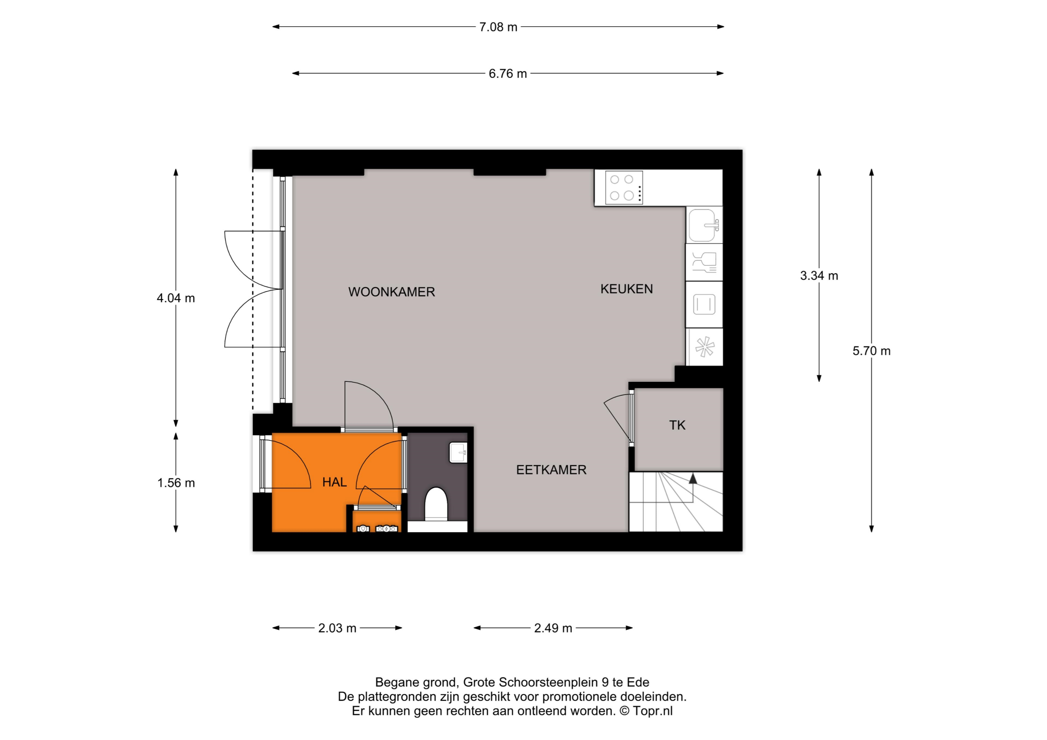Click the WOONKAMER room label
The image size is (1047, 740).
(392, 292)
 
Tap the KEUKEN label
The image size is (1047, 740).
(627, 289)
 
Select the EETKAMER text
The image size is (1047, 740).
(551, 470)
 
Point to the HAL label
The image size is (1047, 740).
(334, 482)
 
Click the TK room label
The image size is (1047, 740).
(677, 425)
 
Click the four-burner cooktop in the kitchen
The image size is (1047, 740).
(624, 187)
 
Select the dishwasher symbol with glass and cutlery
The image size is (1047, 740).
(704, 262)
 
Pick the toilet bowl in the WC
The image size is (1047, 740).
(436, 504)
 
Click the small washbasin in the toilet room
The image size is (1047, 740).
(458, 453)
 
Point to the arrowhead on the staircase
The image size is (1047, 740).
(693, 478)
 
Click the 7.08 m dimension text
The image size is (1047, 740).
(498, 27)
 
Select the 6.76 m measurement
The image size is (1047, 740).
(508, 74)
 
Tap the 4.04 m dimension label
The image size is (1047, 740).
(175, 298)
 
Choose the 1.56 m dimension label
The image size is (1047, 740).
(176, 483)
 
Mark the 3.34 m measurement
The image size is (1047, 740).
(819, 276)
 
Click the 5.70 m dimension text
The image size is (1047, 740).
(872, 351)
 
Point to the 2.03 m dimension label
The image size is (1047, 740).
(337, 628)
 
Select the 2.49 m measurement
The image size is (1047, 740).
(553, 628)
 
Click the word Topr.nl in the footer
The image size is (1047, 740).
(653, 711)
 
